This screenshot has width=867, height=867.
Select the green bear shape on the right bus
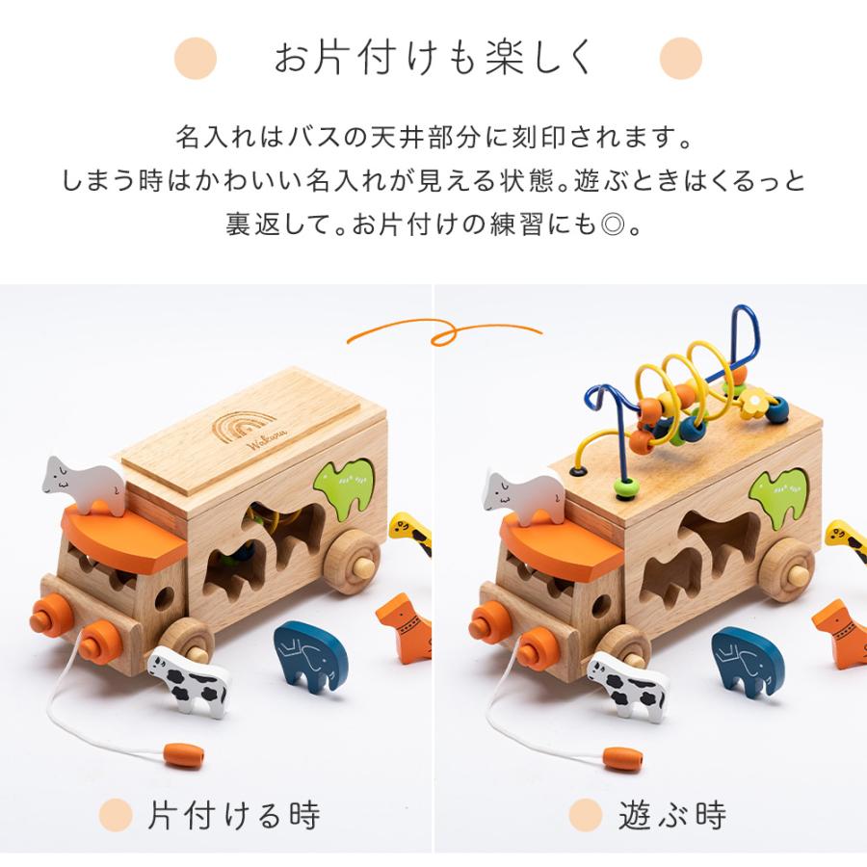(x=781, y=490)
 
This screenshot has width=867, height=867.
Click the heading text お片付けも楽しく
(x=433, y=57)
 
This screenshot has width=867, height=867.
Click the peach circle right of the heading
(x=680, y=57)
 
